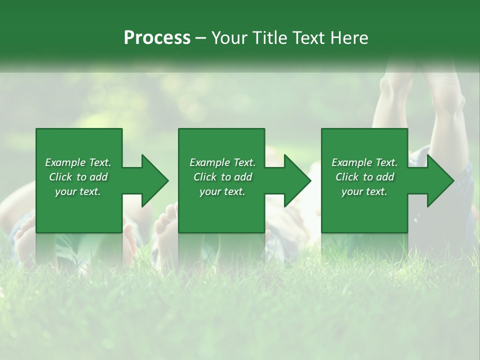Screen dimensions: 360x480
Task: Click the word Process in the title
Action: [157, 38]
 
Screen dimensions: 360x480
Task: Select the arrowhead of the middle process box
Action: [296, 180]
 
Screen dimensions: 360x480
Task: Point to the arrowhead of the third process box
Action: [439, 180]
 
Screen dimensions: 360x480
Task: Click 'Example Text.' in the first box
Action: [78, 162]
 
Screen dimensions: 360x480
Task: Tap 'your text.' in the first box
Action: [78, 191]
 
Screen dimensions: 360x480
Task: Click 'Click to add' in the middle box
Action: [222, 177]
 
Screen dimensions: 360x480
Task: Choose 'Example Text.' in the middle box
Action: [222, 162]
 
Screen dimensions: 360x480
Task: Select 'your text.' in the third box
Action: [364, 191]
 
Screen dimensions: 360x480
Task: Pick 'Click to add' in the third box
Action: [364, 177]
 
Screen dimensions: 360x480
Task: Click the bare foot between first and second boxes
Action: [166, 225]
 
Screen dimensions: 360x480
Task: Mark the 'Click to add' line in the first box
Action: [78, 177]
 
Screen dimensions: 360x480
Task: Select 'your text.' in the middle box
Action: [222, 191]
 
